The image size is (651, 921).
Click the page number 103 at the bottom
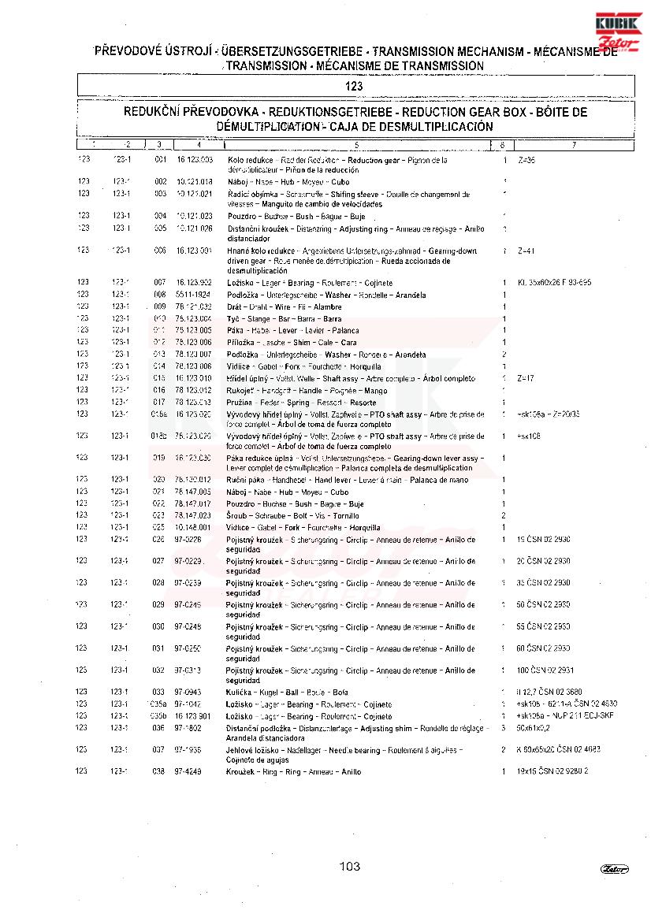pyautogui.click(x=350, y=867)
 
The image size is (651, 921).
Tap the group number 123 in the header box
pyautogui.click(x=355, y=87)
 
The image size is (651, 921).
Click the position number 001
pyautogui.click(x=160, y=160)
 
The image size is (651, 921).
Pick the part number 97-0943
pyautogui.click(x=188, y=692)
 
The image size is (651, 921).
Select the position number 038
pyautogui.click(x=159, y=771)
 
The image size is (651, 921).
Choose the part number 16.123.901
pyautogui.click(x=193, y=716)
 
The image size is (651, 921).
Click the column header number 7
pyautogui.click(x=574, y=145)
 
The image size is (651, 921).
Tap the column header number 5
pyautogui.click(x=356, y=145)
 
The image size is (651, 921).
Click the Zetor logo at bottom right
pyautogui.click(x=615, y=869)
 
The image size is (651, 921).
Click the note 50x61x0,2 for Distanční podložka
pyautogui.click(x=534, y=728)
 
